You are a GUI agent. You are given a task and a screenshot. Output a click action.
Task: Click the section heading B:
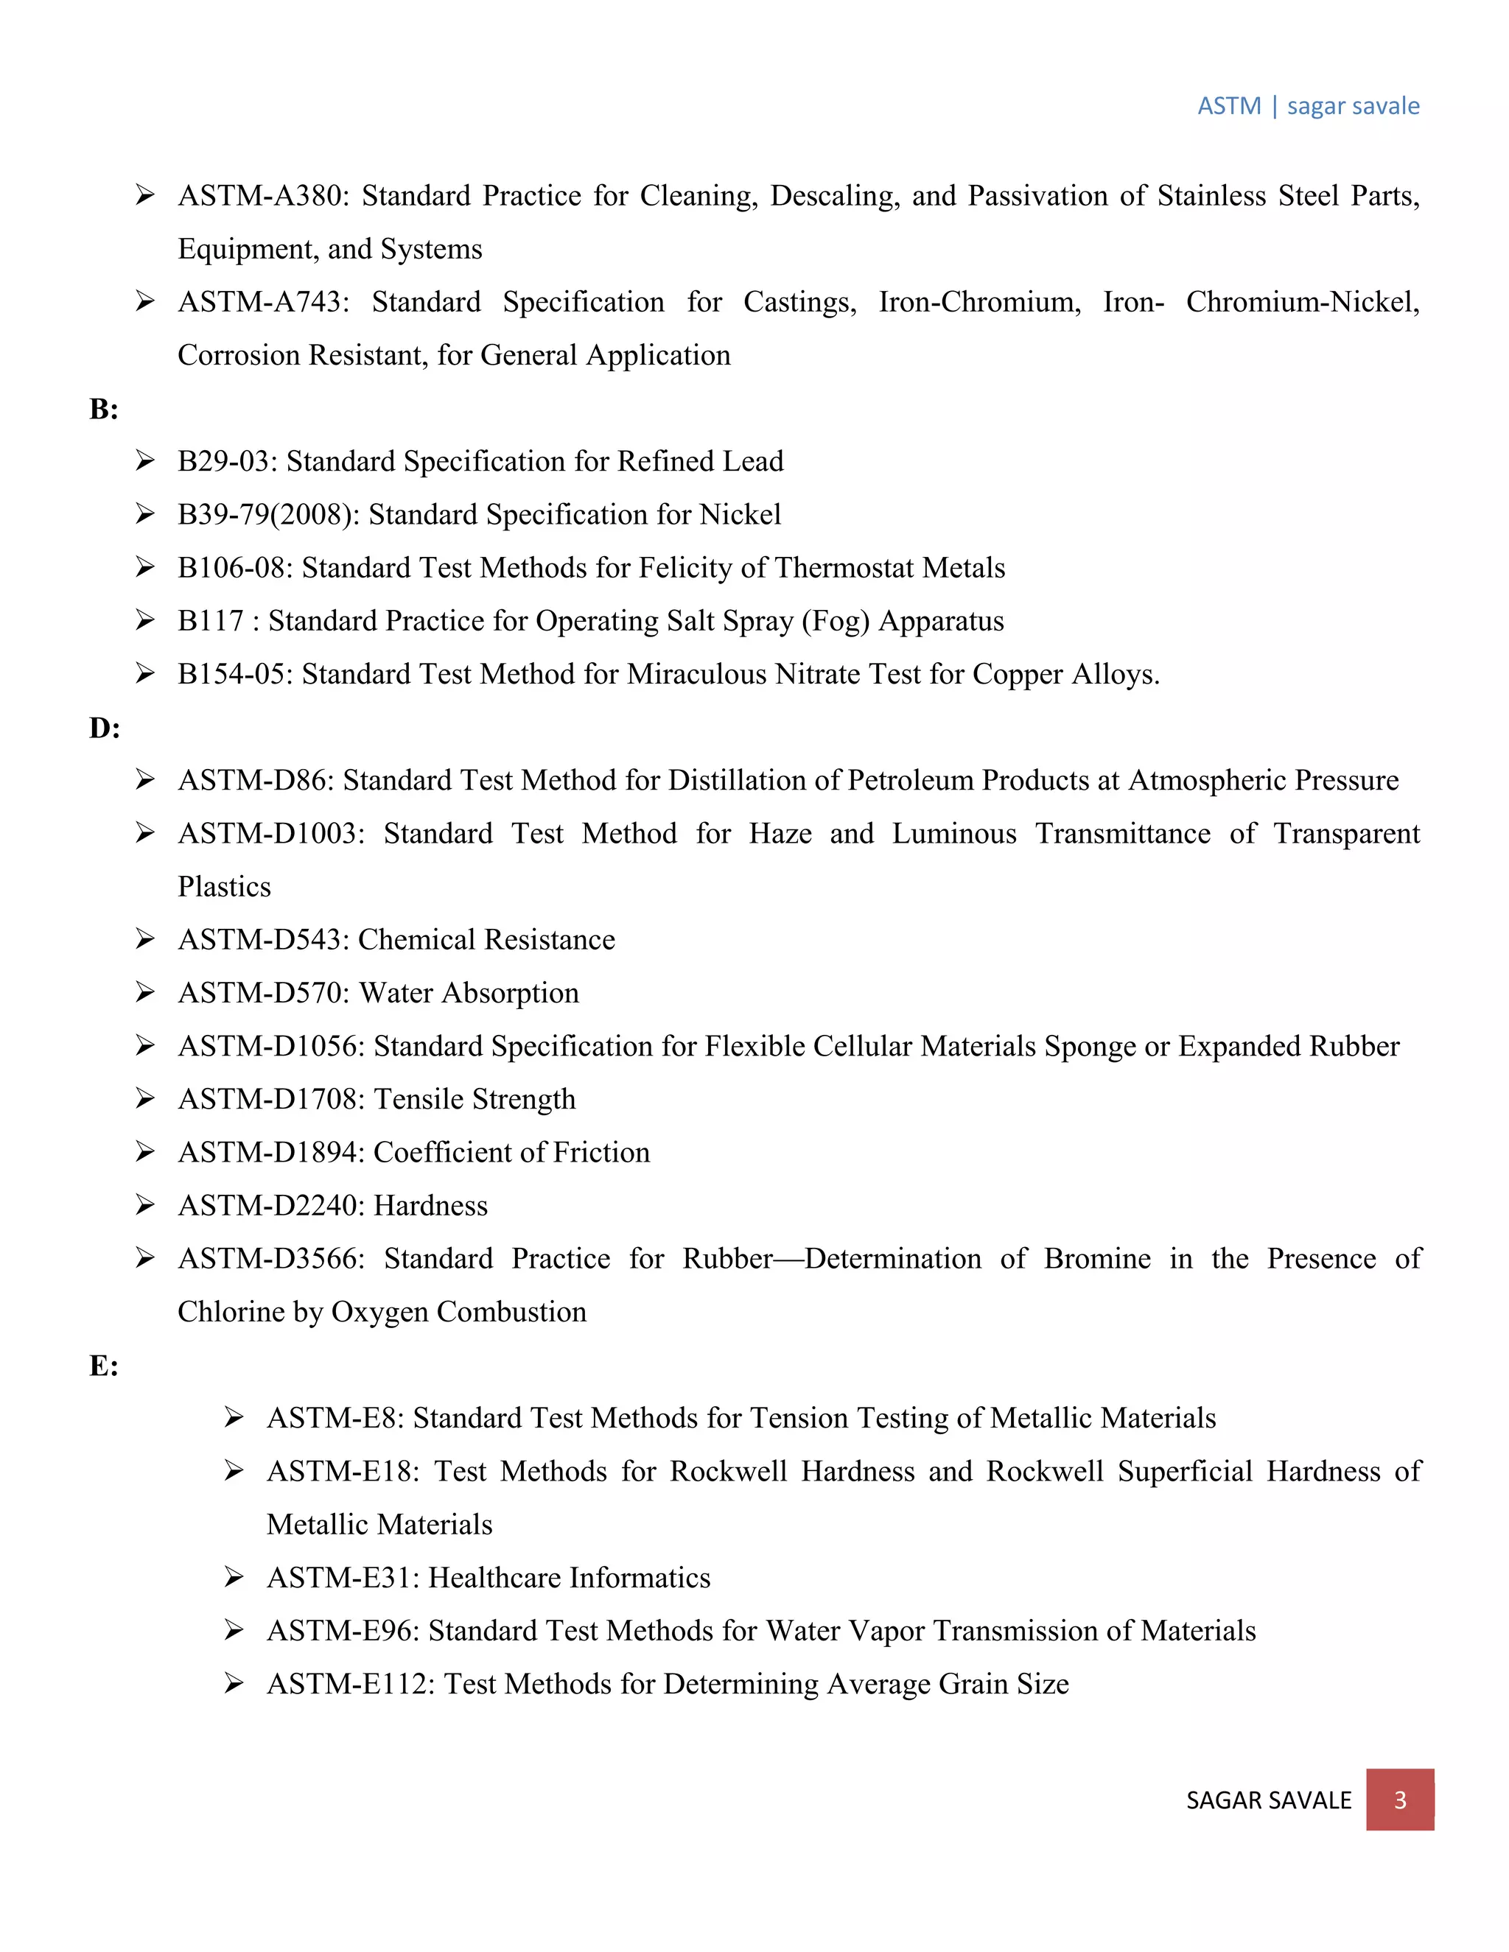pyautogui.click(x=104, y=410)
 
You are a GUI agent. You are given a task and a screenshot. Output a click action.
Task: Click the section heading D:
pyautogui.click(x=104, y=729)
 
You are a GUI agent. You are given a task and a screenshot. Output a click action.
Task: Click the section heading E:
pyautogui.click(x=104, y=1366)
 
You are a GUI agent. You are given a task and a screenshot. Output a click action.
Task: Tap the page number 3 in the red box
pyautogui.click(x=1399, y=1800)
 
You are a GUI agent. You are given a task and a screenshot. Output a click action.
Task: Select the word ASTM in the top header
pyautogui.click(x=1228, y=105)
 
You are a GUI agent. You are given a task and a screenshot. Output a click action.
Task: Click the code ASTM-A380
pyautogui.click(x=263, y=196)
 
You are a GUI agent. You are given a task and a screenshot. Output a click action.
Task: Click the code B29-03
pyautogui.click(x=227, y=461)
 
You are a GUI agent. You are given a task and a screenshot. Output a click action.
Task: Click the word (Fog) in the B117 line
pyautogui.click(x=835, y=621)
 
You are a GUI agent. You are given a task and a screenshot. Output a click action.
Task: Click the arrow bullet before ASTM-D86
pyautogui.click(x=145, y=780)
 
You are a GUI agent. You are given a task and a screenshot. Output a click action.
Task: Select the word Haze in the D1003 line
pyautogui.click(x=780, y=834)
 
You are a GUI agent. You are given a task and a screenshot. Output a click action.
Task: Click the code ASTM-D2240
pyautogui.click(x=270, y=1206)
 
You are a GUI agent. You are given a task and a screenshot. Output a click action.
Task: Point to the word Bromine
pyautogui.click(x=1097, y=1258)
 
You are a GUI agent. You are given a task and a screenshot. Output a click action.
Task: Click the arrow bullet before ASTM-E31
pyautogui.click(x=234, y=1578)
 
